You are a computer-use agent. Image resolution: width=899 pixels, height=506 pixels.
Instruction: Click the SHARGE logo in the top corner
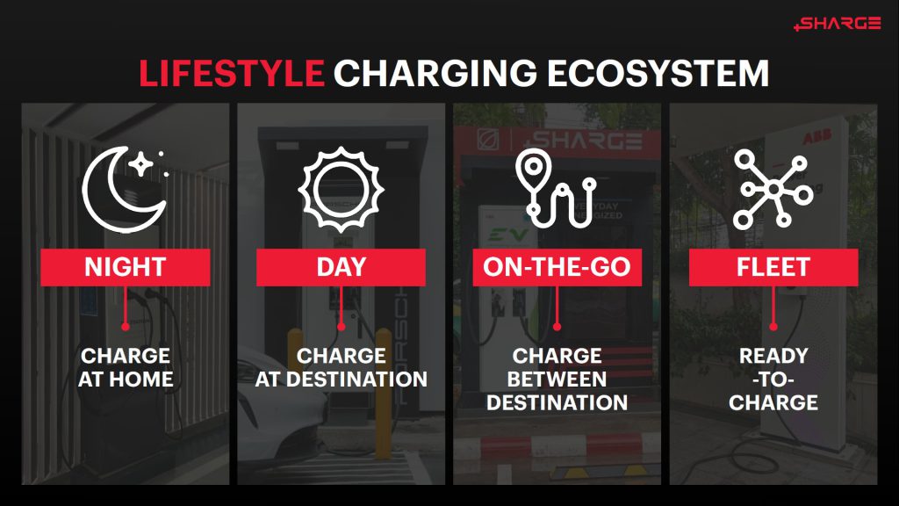click(x=837, y=24)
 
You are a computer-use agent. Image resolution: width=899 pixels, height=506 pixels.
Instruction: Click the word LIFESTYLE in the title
click(x=232, y=74)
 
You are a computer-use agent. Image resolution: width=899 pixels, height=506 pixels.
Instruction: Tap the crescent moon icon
click(x=125, y=188)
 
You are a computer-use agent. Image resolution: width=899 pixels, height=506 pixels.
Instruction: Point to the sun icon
click(x=341, y=189)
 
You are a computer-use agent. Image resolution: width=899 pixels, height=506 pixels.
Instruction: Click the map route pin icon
click(x=557, y=189)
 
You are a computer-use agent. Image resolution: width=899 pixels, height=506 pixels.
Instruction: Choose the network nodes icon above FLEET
click(x=773, y=188)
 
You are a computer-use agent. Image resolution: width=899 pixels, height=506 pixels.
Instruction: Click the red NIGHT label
click(x=125, y=267)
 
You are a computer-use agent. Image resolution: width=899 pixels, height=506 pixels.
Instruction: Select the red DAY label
click(x=341, y=267)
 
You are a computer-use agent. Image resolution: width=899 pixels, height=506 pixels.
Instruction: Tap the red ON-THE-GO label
click(x=557, y=267)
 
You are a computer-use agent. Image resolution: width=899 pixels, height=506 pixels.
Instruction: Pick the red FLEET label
click(x=773, y=267)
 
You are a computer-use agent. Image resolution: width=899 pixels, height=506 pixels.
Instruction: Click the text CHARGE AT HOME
click(x=125, y=368)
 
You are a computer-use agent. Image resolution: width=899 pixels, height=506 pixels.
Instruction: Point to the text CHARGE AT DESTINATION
click(x=341, y=368)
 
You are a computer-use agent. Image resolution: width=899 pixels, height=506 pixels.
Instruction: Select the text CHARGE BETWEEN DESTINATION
click(x=557, y=379)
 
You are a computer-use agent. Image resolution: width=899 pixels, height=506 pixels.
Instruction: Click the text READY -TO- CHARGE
click(x=773, y=379)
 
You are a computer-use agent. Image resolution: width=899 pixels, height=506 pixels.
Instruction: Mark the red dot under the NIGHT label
click(x=125, y=326)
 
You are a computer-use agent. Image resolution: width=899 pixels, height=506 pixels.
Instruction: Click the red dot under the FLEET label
click(x=773, y=326)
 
